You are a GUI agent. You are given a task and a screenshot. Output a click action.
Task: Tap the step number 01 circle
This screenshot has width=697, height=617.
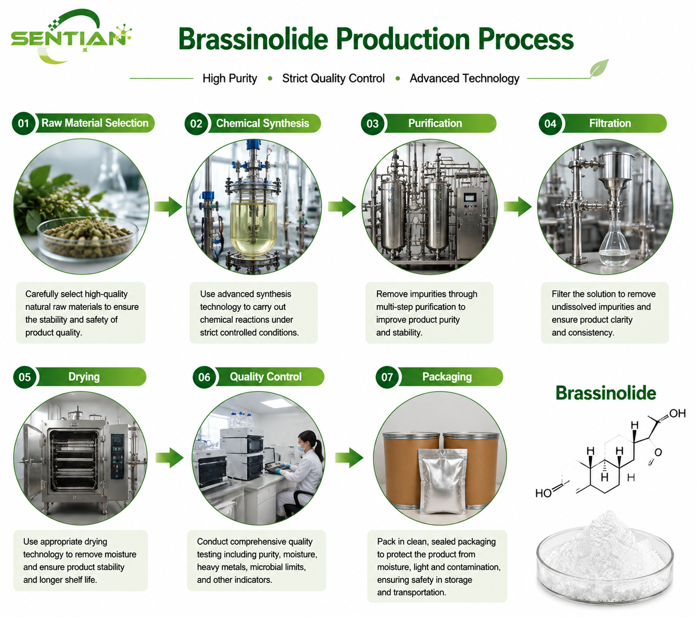(24, 123)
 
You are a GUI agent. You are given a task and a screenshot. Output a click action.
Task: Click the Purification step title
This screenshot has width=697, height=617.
(435, 123)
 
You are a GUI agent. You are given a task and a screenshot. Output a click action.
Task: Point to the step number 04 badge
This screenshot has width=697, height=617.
(550, 123)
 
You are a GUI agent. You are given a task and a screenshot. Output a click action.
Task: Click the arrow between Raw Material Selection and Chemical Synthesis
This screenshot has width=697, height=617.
(168, 207)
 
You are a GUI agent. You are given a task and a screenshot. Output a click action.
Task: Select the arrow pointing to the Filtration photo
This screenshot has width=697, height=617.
(518, 207)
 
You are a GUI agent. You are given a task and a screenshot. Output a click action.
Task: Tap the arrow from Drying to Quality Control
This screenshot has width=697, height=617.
(169, 458)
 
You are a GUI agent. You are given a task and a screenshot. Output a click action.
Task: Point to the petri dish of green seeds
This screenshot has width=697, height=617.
(88, 237)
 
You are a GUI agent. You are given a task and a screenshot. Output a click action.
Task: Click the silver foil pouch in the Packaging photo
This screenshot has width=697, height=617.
(443, 481)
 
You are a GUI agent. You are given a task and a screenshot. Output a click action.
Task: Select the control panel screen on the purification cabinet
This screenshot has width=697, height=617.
(469, 198)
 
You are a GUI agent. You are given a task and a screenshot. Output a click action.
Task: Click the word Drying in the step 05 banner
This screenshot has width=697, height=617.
(84, 376)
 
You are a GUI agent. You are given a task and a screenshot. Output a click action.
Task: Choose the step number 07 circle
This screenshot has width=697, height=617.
(387, 377)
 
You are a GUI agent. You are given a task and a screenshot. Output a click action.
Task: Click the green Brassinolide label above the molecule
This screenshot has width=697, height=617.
(606, 393)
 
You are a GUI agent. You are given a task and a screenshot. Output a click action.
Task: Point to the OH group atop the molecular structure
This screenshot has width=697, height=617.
(677, 413)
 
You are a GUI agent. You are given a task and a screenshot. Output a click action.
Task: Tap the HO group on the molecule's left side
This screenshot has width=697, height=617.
(544, 494)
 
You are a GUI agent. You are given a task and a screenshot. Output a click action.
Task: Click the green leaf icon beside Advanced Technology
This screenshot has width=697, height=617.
(599, 68)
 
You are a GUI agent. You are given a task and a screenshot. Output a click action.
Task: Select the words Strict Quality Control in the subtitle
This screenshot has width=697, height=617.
(334, 78)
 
